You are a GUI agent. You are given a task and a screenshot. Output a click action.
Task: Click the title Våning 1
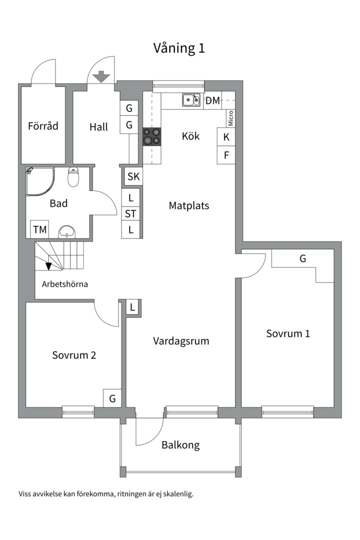pos(178,48)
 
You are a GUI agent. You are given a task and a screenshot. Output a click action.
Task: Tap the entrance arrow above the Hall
pos(101,76)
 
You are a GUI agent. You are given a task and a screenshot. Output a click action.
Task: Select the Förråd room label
pos(43,125)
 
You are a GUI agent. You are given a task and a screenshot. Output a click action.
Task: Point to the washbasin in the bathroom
pos(66,231)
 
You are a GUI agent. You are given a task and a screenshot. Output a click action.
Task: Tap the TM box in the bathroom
pos(39,230)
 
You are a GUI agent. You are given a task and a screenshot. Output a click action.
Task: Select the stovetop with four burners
pos(152,136)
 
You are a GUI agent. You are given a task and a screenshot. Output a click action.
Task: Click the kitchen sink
pos(190,100)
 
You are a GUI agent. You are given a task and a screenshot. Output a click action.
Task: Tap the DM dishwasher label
pos(212,100)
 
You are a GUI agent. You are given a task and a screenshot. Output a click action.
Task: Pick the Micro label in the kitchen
pos(231,118)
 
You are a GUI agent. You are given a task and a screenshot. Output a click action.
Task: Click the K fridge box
pos(226,137)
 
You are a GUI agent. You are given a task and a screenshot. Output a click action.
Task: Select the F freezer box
pos(226,155)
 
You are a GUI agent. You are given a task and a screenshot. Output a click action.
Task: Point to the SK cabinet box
pos(133,176)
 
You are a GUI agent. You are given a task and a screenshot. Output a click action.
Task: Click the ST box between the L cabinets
pos(131,213)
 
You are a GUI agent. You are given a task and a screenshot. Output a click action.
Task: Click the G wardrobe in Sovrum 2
pos(112,398)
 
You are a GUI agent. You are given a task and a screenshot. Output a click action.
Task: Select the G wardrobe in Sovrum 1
pos(302,258)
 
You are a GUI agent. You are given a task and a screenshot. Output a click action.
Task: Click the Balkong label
pos(180,445)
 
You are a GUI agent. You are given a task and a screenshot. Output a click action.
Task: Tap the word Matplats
pos(188,205)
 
